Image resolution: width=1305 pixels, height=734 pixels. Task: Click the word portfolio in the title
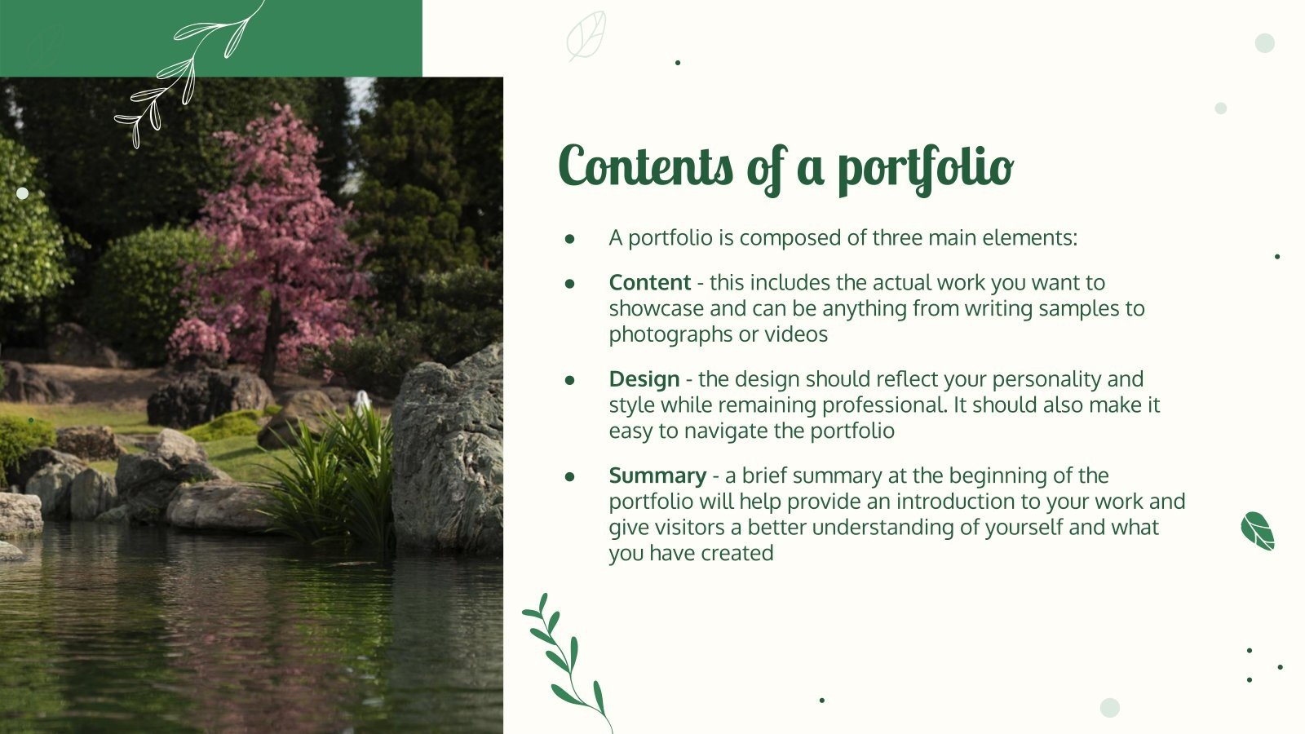[925, 168]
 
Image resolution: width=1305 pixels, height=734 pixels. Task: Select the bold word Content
[649, 282]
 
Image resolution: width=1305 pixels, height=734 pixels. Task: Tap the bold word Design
[644, 378]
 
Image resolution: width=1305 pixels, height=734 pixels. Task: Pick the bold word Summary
[657, 475]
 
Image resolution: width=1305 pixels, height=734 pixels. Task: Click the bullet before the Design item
[569, 380]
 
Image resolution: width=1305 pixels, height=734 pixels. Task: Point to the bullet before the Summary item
[569, 476]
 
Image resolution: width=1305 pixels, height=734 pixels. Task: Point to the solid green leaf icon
[1257, 531]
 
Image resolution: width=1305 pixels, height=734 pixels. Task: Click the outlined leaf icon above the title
[586, 35]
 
